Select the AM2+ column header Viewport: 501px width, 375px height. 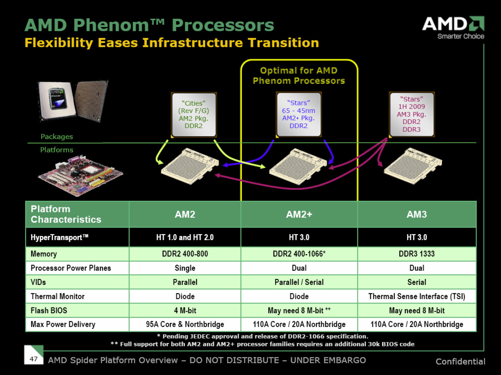299,214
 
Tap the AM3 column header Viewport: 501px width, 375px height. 417,214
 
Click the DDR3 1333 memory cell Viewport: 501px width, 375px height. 417,254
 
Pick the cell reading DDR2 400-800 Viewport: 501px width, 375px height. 185,254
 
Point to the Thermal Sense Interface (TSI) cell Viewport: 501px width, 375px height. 417,296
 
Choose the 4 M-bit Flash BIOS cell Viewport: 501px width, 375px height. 185,310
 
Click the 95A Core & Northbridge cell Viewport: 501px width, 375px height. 185,324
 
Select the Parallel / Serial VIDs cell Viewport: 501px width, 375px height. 299,282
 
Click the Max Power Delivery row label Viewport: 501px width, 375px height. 63,324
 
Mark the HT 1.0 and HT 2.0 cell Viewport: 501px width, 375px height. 185,237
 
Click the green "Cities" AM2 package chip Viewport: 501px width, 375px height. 194,114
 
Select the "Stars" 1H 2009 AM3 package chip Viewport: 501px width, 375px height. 411,114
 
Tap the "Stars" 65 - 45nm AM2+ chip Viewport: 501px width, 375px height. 299,114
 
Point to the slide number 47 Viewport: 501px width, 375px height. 34,358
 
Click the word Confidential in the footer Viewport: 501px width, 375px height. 460,362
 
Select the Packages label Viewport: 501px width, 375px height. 57,137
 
